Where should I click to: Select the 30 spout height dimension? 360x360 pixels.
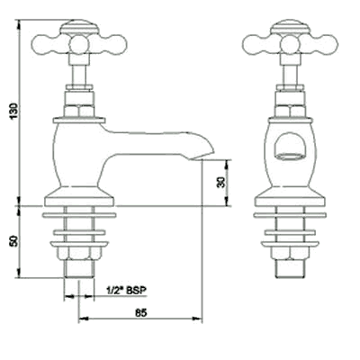tap(221, 182)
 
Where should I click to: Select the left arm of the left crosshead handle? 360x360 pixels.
tap(44, 41)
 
